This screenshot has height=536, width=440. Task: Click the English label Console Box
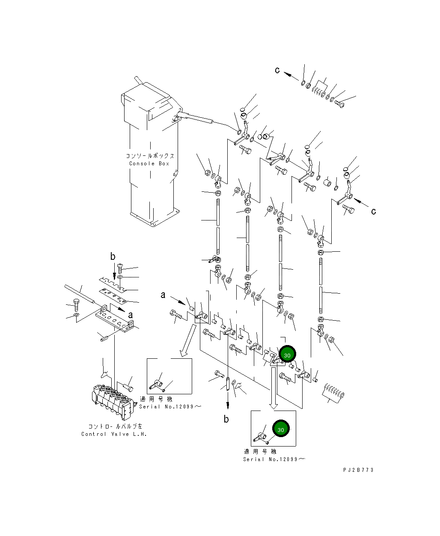click(149, 164)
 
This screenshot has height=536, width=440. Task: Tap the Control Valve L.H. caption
click(114, 434)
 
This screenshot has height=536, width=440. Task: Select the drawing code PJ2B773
click(358, 470)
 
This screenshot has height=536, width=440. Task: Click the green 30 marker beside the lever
click(287, 354)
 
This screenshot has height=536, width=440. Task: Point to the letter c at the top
click(277, 70)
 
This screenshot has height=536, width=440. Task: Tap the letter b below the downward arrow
click(226, 419)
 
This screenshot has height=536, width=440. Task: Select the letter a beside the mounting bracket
click(130, 315)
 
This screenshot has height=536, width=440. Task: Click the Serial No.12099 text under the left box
click(170, 406)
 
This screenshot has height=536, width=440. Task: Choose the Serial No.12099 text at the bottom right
click(274, 459)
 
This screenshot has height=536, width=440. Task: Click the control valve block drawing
click(113, 401)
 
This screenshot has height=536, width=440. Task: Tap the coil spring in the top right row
click(318, 91)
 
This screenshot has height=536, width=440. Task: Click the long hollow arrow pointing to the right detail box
click(274, 388)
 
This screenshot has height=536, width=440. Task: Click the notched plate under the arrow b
click(112, 284)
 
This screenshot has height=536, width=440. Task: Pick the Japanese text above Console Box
click(150, 156)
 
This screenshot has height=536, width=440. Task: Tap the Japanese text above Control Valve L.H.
click(115, 426)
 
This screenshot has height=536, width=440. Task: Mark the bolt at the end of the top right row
click(339, 104)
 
